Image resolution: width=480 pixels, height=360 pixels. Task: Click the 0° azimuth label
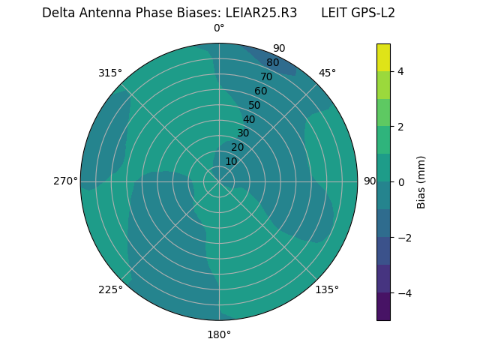pos(219,28)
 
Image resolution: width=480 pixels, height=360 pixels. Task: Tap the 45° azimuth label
pos(327,73)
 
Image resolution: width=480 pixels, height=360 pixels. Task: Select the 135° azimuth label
pos(327,289)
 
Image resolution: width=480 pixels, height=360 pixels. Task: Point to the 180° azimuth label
pos(219,334)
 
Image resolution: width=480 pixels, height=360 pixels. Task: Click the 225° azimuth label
pos(110,289)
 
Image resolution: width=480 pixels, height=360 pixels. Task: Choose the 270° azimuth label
pos(65,181)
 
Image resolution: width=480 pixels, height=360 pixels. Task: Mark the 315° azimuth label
pos(110,73)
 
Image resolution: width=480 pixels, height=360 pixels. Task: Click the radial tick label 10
pos(231,161)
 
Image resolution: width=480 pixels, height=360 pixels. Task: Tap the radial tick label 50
pos(254,105)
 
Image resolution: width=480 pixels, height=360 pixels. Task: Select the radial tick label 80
pos(272,63)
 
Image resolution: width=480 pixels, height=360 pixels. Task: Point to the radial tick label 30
pos(243,133)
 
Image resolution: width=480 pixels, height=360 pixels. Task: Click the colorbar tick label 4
pos(400,71)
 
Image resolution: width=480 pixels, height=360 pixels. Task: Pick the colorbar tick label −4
pos(403,292)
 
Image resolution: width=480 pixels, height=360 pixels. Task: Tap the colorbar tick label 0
pos(400,181)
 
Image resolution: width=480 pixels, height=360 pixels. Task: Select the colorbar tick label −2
pos(403,237)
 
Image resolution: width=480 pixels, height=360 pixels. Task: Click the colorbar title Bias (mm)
pos(421,181)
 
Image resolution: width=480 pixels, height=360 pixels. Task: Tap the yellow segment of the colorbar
pos(383,57)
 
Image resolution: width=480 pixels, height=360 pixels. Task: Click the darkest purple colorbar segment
pos(383,307)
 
